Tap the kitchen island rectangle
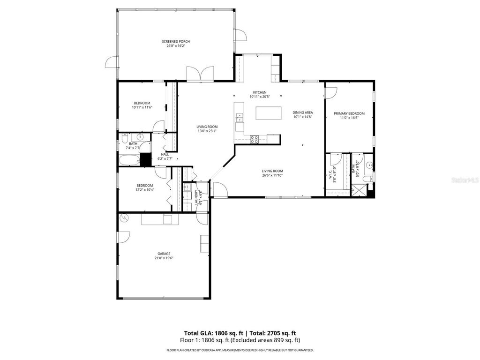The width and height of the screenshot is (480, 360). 269,113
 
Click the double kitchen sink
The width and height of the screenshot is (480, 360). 240,117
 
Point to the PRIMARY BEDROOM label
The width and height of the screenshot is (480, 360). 349,113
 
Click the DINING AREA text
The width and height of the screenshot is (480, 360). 302,112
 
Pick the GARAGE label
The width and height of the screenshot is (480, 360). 164,254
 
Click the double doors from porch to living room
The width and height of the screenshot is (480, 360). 200,74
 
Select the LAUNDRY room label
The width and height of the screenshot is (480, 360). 196,197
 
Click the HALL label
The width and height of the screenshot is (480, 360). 165,154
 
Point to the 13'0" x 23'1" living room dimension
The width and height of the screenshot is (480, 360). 207,131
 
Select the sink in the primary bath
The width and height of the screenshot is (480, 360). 370,165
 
